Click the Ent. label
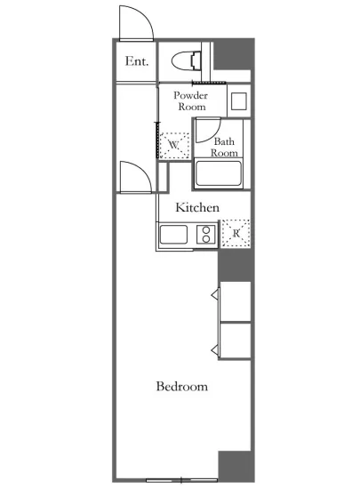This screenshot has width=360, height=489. coord(137,61)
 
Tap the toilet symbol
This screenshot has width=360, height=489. coord(186,60)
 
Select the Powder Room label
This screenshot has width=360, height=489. coord(191,100)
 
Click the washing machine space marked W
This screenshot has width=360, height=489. coord(174,145)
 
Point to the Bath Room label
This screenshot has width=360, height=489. coord(224,148)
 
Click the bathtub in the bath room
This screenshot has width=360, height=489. coord(218,173)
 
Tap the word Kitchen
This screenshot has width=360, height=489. coord(197,207)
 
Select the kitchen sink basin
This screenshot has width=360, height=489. coord(173,234)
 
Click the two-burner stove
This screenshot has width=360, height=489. coord(205,234)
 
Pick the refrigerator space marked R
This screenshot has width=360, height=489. coord(236,234)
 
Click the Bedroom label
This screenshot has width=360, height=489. coord(182,387)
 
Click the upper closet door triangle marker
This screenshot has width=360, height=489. coord(215,294)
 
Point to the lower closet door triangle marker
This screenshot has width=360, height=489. coord(215,350)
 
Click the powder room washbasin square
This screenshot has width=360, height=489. coord(239,101)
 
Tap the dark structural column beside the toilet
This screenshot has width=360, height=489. coord(233,54)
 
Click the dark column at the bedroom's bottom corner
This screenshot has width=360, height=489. coord(236,466)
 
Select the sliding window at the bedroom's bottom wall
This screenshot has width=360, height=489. coord(181,479)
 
